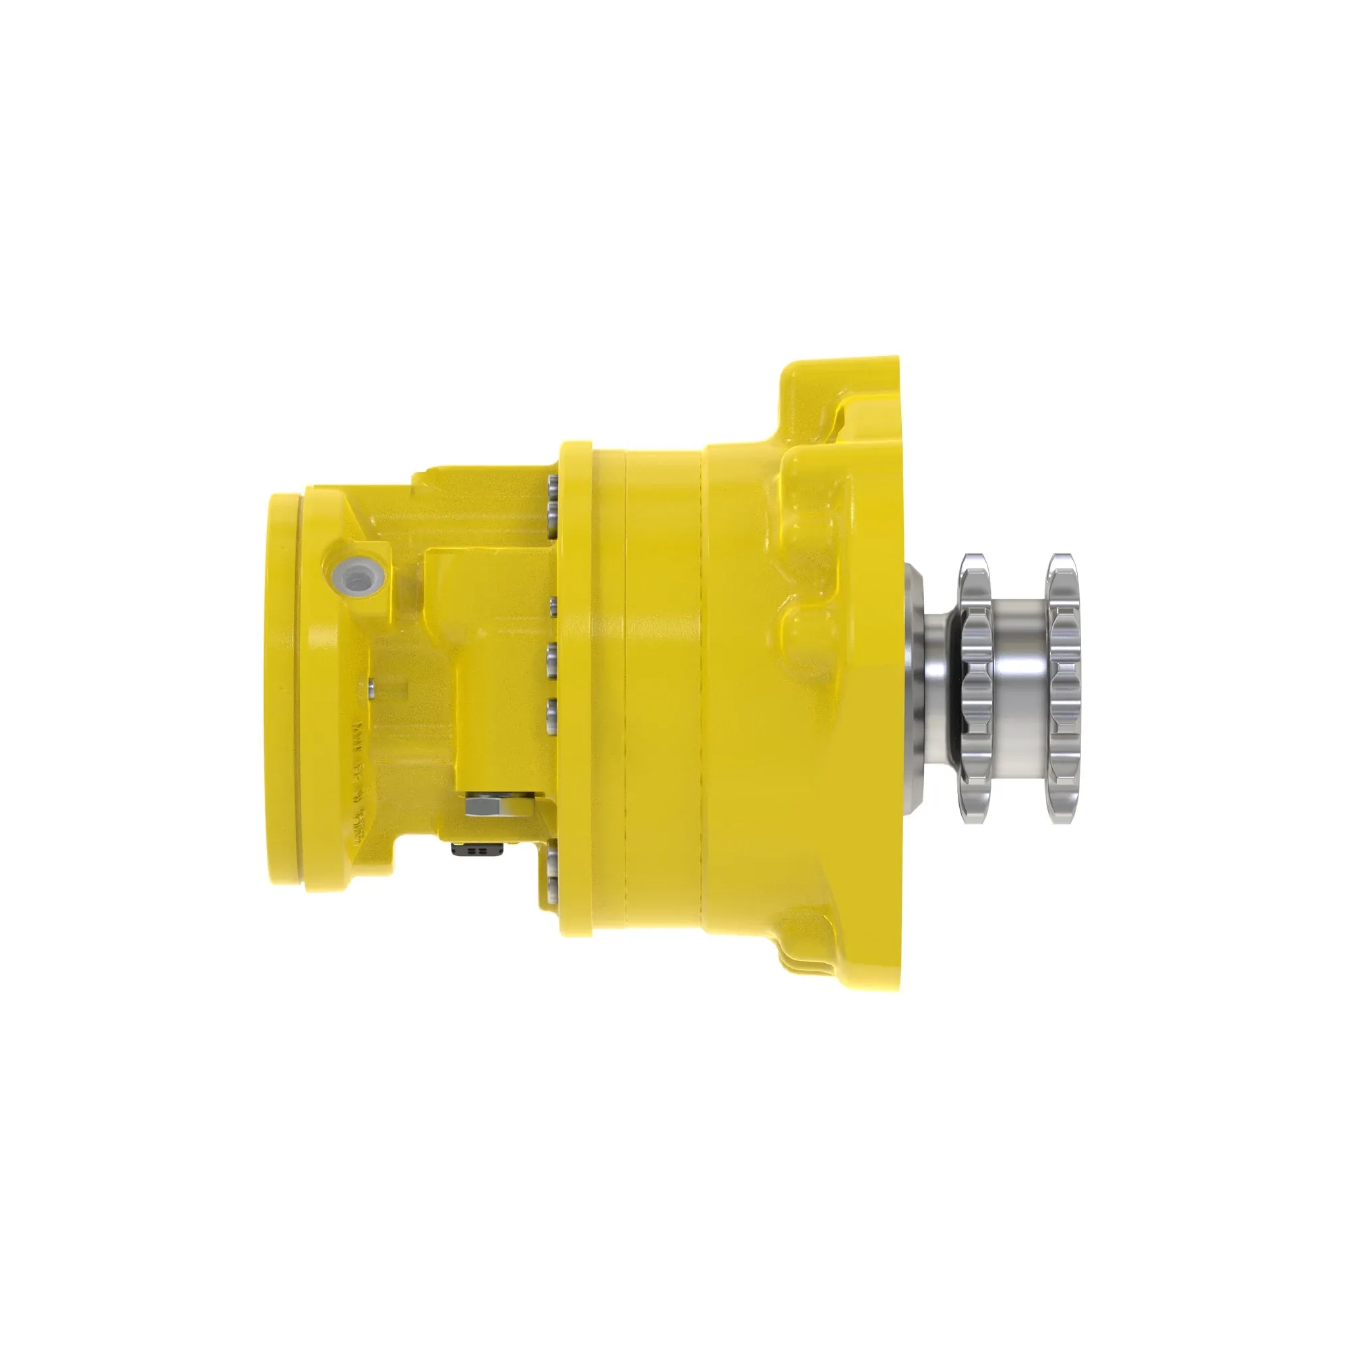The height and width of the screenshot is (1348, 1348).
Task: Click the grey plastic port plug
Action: pyautogui.click(x=357, y=576)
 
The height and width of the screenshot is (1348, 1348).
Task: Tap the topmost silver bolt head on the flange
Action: pyautogui.click(x=552, y=484)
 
